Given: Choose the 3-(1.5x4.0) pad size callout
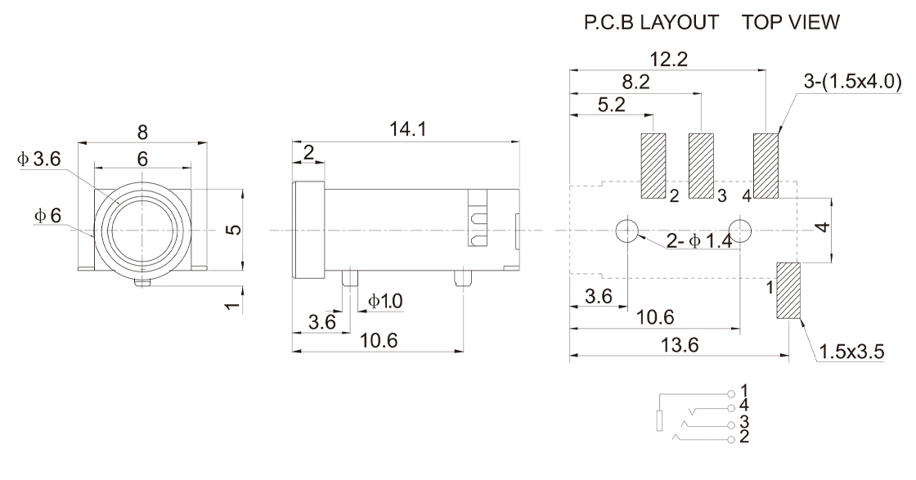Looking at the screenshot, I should click(853, 82).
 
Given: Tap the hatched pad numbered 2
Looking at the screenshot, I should click(653, 166).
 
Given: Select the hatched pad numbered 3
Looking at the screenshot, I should click(702, 166).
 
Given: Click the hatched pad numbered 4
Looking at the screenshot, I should click(766, 166).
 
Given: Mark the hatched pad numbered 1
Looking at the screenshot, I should click(788, 290).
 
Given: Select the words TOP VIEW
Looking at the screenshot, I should click(791, 24).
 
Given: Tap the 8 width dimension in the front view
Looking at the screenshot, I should click(143, 131).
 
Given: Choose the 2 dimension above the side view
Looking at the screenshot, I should click(308, 151).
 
